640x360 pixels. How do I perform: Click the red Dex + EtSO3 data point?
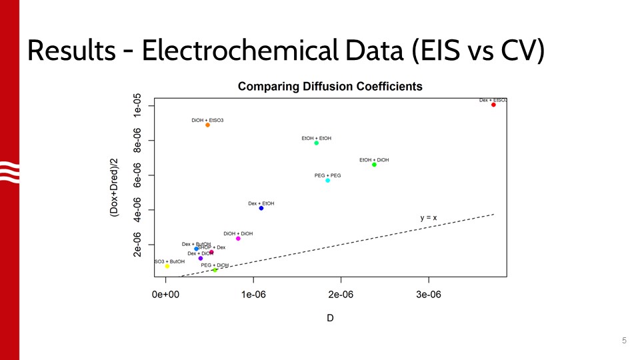click(493, 105)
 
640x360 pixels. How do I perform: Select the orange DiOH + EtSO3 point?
click(207, 125)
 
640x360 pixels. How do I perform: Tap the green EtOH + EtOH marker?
click(317, 143)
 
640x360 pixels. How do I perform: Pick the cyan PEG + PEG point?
click(327, 180)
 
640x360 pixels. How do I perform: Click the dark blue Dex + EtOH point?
click(261, 208)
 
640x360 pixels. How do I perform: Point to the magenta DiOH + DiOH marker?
click(238, 239)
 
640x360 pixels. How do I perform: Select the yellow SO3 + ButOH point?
click(167, 266)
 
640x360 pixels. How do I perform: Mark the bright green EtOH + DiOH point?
click(374, 165)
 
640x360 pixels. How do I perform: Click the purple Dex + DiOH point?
click(201, 259)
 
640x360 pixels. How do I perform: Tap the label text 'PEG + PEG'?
click(327, 175)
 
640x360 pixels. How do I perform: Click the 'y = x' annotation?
click(428, 218)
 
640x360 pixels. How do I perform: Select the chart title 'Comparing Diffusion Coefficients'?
click(330, 87)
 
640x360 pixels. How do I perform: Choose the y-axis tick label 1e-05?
click(137, 106)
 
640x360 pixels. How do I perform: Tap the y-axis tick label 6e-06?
click(137, 175)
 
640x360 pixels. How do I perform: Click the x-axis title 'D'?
click(330, 318)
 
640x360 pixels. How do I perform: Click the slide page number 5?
click(624, 341)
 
